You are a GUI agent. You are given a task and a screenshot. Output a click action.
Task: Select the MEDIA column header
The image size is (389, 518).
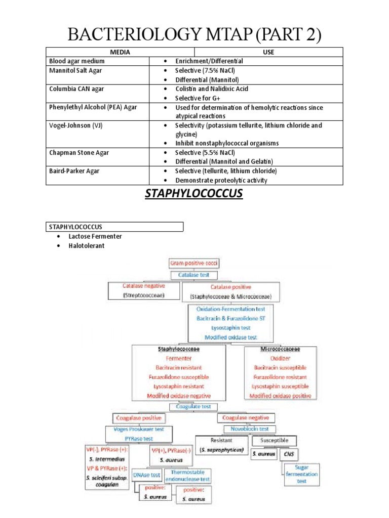[x=120, y=52]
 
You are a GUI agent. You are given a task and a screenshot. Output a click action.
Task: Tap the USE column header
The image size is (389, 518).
[x=268, y=52]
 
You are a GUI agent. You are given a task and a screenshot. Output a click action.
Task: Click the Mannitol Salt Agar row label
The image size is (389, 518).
[x=74, y=70]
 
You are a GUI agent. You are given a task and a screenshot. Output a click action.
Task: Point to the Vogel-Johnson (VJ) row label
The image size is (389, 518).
[x=76, y=125]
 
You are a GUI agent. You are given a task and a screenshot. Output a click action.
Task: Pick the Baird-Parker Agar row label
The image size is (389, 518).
[x=74, y=171]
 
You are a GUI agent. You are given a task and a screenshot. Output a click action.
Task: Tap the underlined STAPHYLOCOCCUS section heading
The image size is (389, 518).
[x=194, y=194]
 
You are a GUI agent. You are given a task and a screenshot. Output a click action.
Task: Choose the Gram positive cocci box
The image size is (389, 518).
[x=194, y=264]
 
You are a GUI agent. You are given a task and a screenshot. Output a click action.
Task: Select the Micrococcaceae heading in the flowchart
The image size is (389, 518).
[x=280, y=350]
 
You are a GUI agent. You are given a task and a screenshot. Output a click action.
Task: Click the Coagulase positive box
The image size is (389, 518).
[x=138, y=418]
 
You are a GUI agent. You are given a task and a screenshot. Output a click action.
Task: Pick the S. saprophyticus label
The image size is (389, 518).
[x=221, y=450]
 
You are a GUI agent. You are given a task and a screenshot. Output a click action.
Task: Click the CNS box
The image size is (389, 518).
[x=289, y=454]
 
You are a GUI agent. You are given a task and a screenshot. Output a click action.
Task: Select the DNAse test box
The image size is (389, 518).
[x=146, y=475]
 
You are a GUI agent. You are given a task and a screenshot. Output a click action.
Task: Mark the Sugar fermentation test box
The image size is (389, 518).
[x=301, y=474]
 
